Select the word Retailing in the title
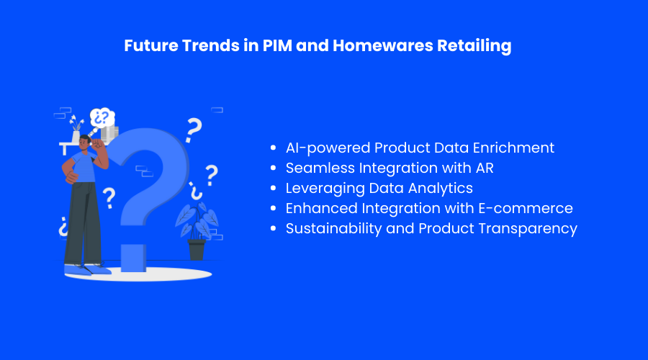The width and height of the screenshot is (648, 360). (x=476, y=45)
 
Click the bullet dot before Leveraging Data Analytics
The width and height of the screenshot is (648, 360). (x=273, y=189)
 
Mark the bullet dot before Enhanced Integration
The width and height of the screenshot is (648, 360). (x=273, y=209)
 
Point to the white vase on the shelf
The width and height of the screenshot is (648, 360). (x=76, y=137)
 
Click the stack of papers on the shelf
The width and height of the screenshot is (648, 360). (x=109, y=134)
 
